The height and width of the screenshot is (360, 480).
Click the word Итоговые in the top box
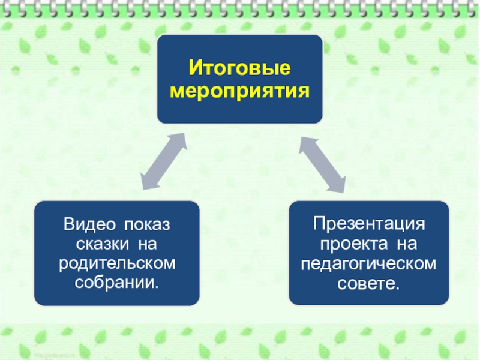[x=240, y=68]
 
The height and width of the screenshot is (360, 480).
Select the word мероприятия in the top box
[x=240, y=92]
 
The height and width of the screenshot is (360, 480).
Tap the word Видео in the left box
[x=89, y=225]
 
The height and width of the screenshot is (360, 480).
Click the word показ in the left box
[x=147, y=225]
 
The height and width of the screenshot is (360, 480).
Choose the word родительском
[x=117, y=263]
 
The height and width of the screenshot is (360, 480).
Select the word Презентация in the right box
[x=368, y=225]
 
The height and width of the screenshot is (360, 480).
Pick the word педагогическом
[x=368, y=263]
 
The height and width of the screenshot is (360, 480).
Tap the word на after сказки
[x=147, y=244]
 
